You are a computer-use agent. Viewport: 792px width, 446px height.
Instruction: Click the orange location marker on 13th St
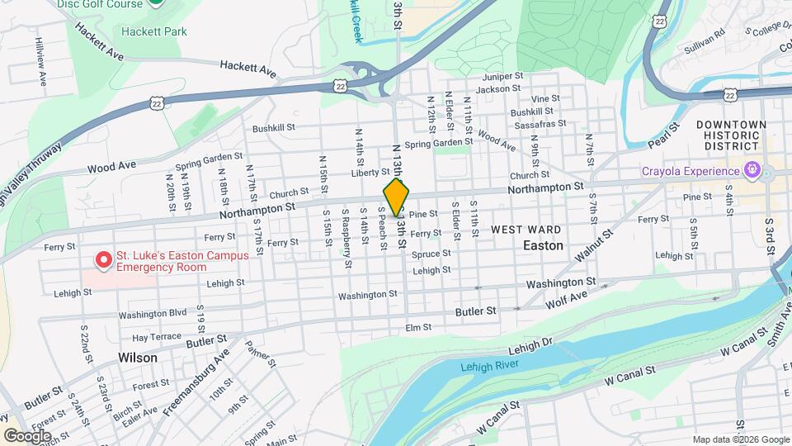pos(396,197)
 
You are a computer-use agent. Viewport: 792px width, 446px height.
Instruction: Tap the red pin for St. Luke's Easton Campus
pos(104,260)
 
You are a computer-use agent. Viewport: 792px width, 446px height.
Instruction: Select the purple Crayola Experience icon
pos(751,171)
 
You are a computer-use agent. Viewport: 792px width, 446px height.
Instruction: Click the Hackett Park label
pos(154,31)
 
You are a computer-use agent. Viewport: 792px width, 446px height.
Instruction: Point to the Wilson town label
pos(137,358)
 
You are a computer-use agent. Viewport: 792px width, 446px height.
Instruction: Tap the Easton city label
pos(543,245)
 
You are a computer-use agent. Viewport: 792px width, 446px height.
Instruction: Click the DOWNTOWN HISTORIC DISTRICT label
pos(731,135)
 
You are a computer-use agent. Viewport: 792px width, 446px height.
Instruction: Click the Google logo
pos(27,435)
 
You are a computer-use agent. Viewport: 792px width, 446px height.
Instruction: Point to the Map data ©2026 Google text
pos(740,439)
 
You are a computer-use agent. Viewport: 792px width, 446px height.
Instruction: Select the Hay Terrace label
pos(156,337)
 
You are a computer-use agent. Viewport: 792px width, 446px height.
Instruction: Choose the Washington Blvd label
pos(153,314)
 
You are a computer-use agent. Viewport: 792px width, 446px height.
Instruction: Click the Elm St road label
pos(418,327)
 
